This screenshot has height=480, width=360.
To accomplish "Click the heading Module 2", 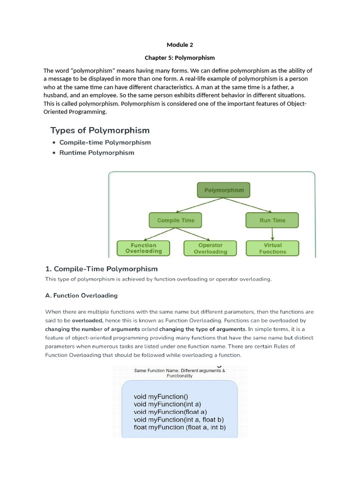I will pos(180,45).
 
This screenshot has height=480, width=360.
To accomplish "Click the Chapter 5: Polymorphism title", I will pos(180,58).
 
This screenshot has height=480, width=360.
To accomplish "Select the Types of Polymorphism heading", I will pos(100,130).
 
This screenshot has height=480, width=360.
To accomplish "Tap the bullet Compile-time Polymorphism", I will pos(105,142).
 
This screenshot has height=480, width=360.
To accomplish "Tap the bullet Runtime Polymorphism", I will pos(97,153).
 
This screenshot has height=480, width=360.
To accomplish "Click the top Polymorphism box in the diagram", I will pos(224,190).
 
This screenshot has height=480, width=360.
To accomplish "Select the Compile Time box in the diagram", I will pos(175,220).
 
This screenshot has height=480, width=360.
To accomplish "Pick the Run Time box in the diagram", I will pos(272,220).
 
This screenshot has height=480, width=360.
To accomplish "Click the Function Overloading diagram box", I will pos(143,248).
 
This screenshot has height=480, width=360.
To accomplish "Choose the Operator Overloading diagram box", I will pos(210,248).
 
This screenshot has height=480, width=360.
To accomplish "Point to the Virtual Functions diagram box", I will pos(272,248).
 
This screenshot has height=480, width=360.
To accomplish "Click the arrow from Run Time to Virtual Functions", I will pos(272,234).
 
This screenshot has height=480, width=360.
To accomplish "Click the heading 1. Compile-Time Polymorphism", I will pos(101,269).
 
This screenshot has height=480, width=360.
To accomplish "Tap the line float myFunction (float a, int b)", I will pos(180,427).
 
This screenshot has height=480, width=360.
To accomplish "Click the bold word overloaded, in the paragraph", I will pos(87,321).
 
